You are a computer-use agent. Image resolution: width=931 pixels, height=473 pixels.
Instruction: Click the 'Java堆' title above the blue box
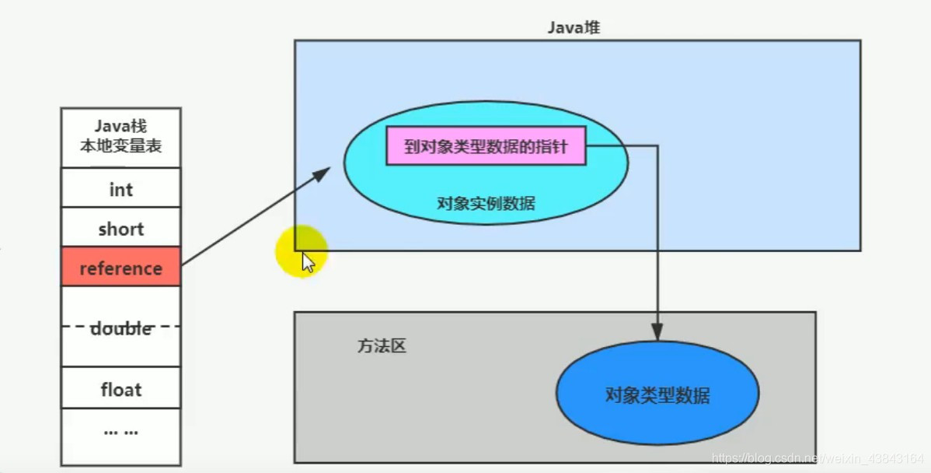[x=574, y=28]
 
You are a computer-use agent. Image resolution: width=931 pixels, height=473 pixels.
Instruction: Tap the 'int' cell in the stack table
[x=121, y=189]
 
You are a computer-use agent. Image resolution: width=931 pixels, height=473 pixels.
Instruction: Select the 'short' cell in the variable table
[x=121, y=229]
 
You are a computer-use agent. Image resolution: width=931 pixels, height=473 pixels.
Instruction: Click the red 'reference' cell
[x=121, y=268]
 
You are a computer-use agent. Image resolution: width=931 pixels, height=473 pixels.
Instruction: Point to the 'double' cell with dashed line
[x=121, y=328]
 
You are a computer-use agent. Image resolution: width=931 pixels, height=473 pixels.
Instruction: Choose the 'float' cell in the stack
[x=121, y=388]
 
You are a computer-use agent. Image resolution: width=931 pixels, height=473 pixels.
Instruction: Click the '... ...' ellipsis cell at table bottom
[x=121, y=430]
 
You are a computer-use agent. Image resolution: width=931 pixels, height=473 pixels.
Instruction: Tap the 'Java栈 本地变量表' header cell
[x=121, y=136]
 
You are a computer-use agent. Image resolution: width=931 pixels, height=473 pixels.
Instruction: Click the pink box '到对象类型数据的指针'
[x=486, y=146]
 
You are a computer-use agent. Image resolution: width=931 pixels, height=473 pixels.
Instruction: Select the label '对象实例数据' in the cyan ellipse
[x=486, y=204]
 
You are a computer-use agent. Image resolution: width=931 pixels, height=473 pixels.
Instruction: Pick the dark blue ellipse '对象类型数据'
[x=657, y=395]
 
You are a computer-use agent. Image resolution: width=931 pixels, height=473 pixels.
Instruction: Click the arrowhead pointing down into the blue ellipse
[x=658, y=332]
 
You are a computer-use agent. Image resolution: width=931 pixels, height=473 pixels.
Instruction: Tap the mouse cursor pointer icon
[x=308, y=262]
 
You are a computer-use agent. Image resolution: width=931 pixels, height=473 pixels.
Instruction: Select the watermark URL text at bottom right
[x=820, y=459]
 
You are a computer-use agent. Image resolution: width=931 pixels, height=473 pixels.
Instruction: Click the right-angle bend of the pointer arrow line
[x=658, y=145]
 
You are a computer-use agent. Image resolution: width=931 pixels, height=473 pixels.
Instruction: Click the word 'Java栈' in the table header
[x=120, y=126]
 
